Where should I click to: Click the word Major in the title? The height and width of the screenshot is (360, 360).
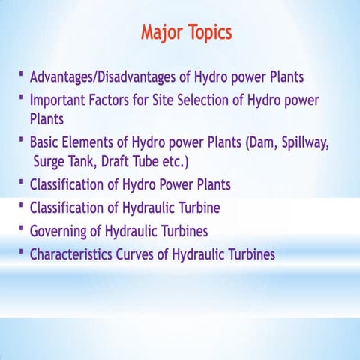[x=162, y=34]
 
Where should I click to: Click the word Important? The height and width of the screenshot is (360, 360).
[x=59, y=100]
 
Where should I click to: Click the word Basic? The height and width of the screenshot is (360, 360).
[x=46, y=142]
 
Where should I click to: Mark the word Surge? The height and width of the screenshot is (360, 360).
[x=51, y=162]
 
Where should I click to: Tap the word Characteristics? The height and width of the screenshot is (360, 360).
[x=72, y=254]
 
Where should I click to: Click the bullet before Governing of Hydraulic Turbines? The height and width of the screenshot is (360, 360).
[x=22, y=229]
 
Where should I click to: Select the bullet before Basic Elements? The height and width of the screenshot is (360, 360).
[x=22, y=140]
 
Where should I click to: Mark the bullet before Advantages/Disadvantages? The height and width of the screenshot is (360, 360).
[x=22, y=76]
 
